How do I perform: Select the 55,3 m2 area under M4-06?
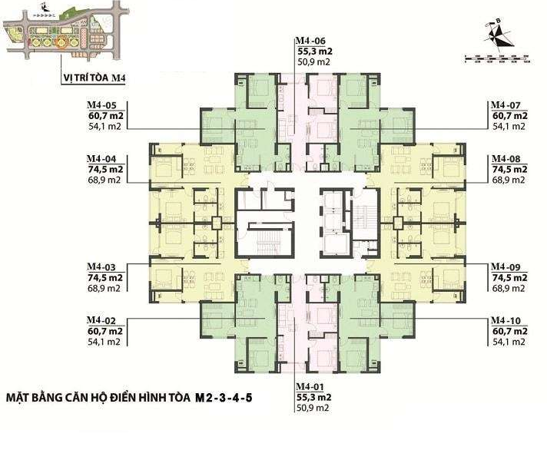[316, 52]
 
